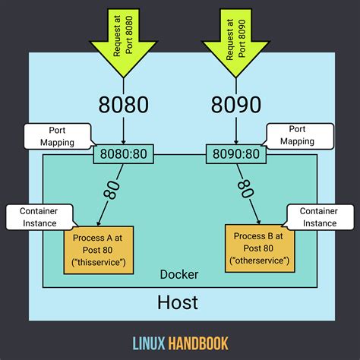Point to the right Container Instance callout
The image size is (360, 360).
click(318, 216)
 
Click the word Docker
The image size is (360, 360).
click(179, 273)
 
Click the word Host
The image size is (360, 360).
click(178, 302)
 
